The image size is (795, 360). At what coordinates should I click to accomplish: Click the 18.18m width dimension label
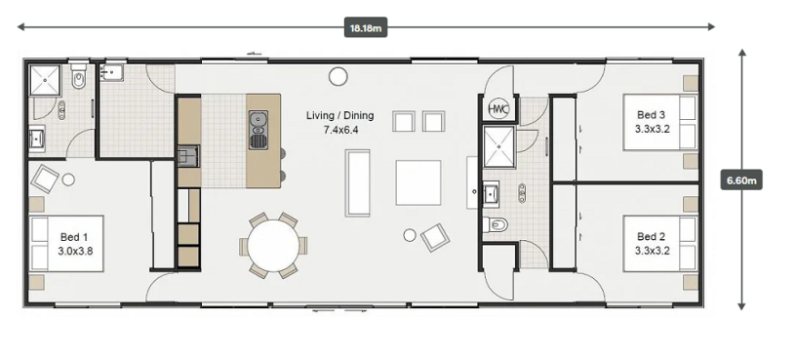[366, 27]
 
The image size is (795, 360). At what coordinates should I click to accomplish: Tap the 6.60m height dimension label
[741, 180]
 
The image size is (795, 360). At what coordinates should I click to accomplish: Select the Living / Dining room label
[339, 115]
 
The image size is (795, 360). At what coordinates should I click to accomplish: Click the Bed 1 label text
[69, 237]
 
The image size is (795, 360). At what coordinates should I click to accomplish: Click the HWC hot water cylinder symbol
[497, 108]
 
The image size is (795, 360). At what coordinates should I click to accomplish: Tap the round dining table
[273, 246]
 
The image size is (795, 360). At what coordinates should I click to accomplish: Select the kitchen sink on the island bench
[258, 130]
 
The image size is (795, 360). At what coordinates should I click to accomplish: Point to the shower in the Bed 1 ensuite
[45, 80]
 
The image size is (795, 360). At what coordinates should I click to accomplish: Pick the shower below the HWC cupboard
[498, 146]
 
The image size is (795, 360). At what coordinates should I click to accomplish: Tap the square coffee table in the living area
[418, 182]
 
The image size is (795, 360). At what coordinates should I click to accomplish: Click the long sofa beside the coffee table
[357, 182]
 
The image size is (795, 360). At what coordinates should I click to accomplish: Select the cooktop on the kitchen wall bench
[188, 156]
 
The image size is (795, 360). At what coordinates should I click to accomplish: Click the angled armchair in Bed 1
[45, 179]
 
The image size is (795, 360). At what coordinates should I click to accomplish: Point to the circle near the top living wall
[338, 76]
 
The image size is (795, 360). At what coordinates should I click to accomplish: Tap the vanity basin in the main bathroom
[491, 194]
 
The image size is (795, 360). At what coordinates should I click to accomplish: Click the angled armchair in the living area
[435, 237]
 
